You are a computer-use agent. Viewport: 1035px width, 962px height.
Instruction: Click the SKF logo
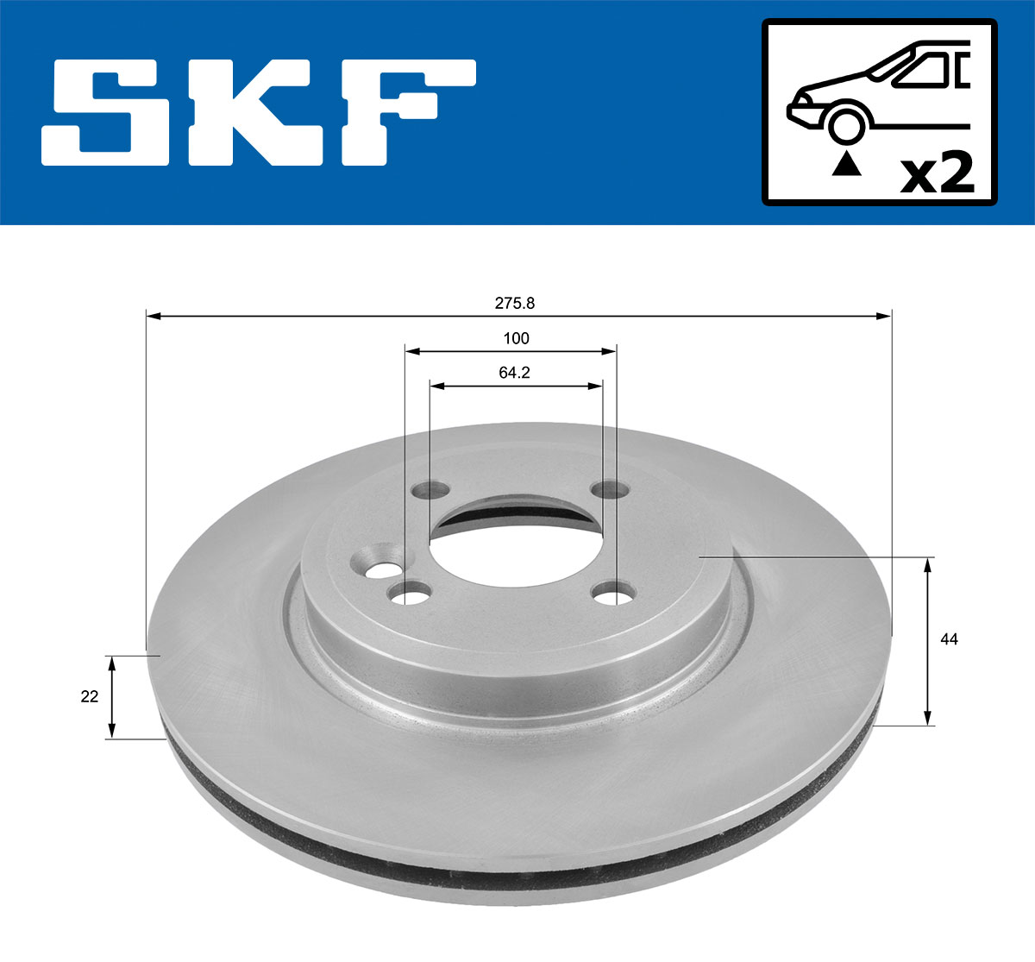click(x=259, y=112)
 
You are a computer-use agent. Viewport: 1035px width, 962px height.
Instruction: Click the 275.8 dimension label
click(x=515, y=303)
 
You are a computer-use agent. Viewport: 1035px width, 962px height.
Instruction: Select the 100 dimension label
click(x=516, y=338)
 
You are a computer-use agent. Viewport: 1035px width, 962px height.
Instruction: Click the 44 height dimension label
click(x=950, y=639)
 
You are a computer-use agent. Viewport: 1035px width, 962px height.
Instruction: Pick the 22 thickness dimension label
click(x=90, y=696)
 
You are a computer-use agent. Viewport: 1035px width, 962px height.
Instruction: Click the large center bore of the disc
click(x=515, y=544)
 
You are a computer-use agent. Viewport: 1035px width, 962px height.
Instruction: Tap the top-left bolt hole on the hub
click(x=430, y=491)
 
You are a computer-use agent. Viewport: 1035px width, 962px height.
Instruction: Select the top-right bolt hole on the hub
click(x=610, y=489)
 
